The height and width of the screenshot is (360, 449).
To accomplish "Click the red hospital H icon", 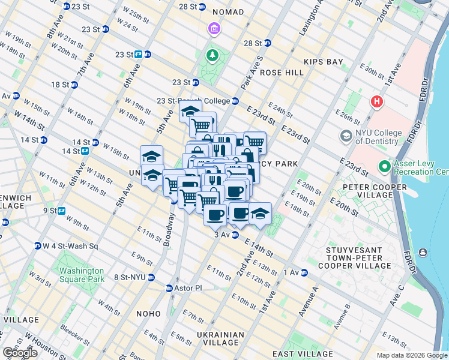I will [377, 102].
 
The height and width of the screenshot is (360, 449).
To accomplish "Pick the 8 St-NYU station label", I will [130, 277].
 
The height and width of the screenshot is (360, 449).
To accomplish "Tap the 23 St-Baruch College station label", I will [193, 101].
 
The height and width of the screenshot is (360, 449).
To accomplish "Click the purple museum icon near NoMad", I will [214, 29].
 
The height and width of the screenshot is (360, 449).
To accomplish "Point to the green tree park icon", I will [212, 56].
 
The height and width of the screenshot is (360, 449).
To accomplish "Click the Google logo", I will [20, 353].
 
